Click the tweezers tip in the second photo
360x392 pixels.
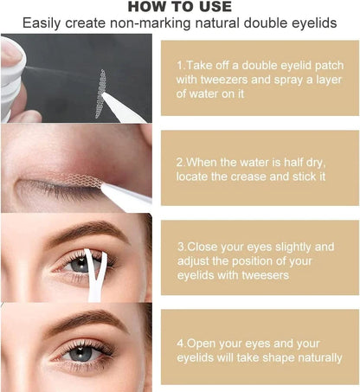[106, 186]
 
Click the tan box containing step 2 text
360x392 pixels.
[259, 170]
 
